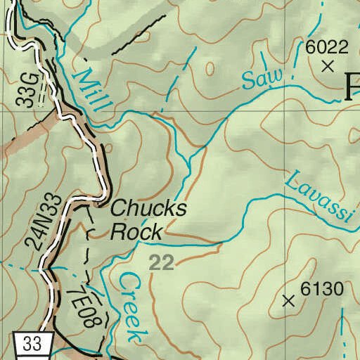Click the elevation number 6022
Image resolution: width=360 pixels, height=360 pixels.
coord(327,47)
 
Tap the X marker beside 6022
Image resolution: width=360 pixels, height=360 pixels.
coord(328,67)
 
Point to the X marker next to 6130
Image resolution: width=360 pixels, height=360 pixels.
coord(288,301)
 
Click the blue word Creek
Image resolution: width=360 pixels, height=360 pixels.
coord(131,306)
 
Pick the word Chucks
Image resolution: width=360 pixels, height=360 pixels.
coord(149,209)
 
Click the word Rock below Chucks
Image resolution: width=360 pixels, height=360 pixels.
coord(137,231)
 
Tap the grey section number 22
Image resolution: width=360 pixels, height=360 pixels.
coord(162,263)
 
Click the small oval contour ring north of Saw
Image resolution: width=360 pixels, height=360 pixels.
coord(210,69)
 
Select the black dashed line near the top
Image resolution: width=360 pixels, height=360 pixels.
coord(134,38)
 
